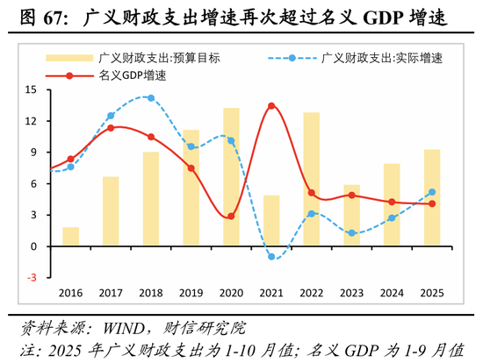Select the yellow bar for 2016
tap(70, 237)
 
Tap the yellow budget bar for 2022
tap(311, 179)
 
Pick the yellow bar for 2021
tap(271, 221)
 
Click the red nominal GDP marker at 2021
tap(271, 106)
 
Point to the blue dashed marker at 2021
tap(271, 257)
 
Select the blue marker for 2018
tap(151, 98)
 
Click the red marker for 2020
tap(231, 217)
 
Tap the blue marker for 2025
tap(432, 192)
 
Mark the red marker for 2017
tap(111, 128)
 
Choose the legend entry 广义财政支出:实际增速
tap(381, 58)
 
